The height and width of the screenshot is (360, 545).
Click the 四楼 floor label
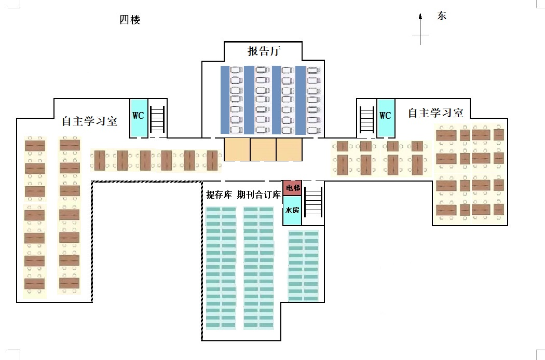(x=130, y=21)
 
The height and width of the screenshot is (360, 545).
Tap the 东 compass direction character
(x=442, y=16)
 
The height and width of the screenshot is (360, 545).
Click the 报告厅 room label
(x=264, y=51)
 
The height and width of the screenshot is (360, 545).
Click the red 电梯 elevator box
(x=292, y=188)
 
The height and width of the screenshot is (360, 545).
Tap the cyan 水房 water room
(x=292, y=211)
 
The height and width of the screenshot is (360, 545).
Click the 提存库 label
(x=219, y=195)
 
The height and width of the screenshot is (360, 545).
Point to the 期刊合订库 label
(x=259, y=195)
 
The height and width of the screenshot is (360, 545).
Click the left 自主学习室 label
(x=89, y=121)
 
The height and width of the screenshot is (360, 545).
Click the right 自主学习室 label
(x=435, y=113)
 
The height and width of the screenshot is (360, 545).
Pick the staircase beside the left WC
(x=158, y=119)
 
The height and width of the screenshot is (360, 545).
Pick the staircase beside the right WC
(x=366, y=119)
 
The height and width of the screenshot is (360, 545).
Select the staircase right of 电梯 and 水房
(x=313, y=201)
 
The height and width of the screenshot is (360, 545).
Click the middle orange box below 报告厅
(x=263, y=149)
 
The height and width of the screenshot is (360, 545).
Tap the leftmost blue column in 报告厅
(x=225, y=101)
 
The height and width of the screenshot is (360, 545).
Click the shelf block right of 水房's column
(x=304, y=266)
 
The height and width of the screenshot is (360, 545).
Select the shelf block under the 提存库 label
(x=221, y=268)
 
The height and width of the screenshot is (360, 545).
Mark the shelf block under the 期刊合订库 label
(x=258, y=268)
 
